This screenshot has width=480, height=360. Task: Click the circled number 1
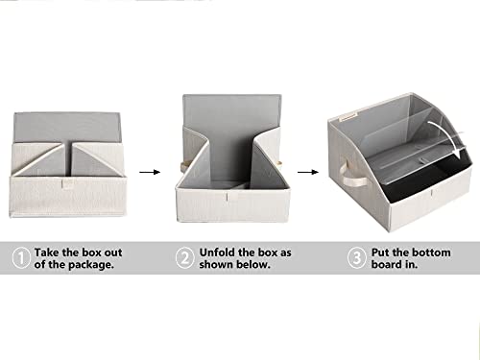[x=21, y=258]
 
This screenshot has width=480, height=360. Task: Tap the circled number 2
[x=185, y=258]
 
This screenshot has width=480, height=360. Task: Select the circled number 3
[x=356, y=258]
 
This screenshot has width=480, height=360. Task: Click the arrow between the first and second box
[x=150, y=172]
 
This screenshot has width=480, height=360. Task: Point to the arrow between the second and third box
[x=308, y=172]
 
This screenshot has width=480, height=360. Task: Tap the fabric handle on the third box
[x=353, y=175]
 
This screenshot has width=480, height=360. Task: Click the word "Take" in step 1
[x=47, y=252]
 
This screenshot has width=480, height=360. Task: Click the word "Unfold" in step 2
[x=217, y=252]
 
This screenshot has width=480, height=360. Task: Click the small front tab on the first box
[x=67, y=184]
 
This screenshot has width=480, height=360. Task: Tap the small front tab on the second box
[x=228, y=196]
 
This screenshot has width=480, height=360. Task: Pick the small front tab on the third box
[x=432, y=194]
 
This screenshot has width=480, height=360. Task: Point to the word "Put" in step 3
[x=380, y=252]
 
